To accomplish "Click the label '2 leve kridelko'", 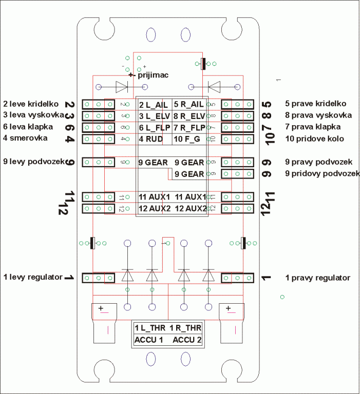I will pyautogui.click(x=31, y=103).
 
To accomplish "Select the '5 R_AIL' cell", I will pyautogui.click(x=189, y=104).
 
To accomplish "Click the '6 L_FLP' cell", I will pyautogui.click(x=154, y=127).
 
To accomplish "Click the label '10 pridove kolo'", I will pyautogui.click(x=314, y=139).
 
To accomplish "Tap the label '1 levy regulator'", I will pyautogui.click(x=33, y=277).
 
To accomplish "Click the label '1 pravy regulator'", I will pyautogui.click(x=318, y=278).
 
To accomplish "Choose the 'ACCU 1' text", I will pyautogui.click(x=149, y=340).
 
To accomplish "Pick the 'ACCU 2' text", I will pyautogui.click(x=187, y=340).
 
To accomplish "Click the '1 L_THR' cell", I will pyautogui.click(x=150, y=327).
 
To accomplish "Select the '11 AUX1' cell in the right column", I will pyautogui.click(x=190, y=197).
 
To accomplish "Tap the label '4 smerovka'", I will pyautogui.click(x=25, y=138).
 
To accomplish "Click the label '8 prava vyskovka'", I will pyautogui.click(x=318, y=115).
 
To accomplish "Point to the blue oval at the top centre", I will pyautogui.click(x=151, y=34).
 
